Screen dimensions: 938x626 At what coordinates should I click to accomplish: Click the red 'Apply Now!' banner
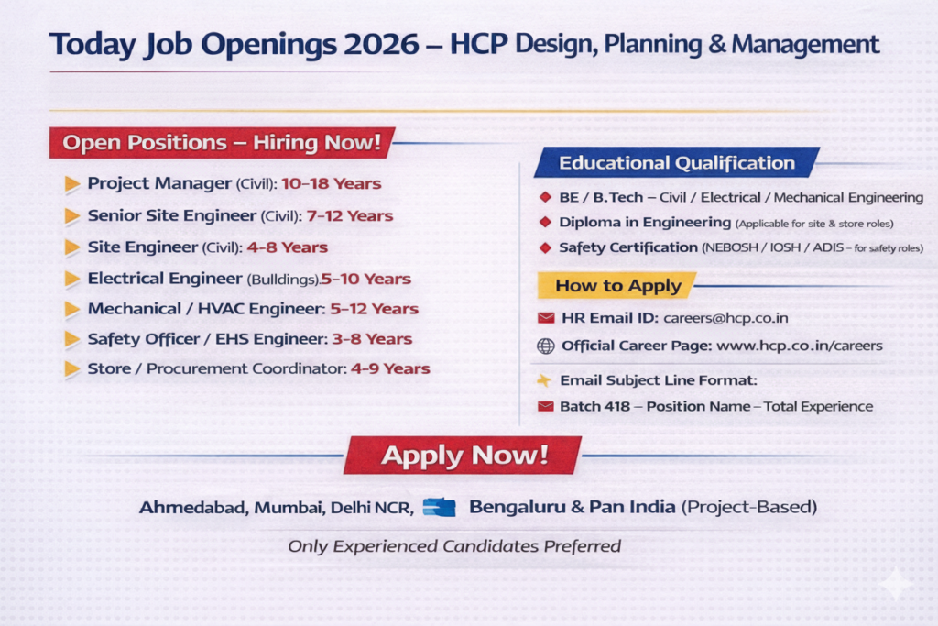463,456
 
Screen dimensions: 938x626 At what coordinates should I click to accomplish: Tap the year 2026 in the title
381,44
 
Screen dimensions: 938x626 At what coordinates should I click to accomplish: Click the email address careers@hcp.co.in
725,318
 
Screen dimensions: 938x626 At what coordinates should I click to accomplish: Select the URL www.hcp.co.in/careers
799,346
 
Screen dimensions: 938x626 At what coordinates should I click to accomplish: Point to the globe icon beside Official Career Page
546,346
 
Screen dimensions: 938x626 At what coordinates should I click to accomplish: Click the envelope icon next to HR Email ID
546,318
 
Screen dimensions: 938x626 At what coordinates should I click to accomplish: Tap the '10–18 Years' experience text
332,183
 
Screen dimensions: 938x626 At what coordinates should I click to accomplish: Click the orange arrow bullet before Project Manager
71,183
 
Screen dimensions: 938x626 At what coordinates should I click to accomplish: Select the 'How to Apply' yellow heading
618,285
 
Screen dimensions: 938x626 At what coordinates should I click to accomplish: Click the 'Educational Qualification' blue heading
677,163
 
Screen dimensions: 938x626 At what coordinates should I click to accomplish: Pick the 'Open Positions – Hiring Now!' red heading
222,142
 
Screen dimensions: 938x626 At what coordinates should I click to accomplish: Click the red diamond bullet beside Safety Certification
545,247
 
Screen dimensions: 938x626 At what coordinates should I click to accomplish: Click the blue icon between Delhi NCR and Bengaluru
439,507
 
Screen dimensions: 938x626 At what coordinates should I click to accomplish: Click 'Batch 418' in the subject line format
594,406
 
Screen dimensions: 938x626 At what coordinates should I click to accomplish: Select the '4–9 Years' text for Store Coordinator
390,368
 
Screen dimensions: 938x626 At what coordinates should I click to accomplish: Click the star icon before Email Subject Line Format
544,380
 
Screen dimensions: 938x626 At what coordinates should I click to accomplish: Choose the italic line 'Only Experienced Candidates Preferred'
454,546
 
